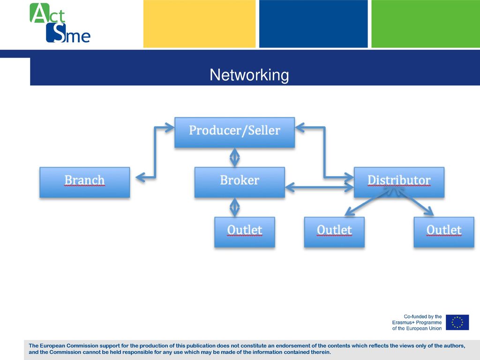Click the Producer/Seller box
click(234, 132)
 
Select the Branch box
click(85, 182)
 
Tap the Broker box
click(240, 182)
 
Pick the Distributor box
click(399, 182)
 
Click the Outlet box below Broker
click(245, 232)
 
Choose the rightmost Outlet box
click(444, 232)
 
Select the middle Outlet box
click(334, 232)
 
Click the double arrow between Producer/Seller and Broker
click(234, 157)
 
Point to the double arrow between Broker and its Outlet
click(234, 207)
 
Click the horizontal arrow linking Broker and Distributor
click(319, 187)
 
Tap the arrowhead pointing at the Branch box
click(140, 177)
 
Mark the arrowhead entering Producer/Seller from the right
click(300, 127)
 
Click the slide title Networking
click(249, 75)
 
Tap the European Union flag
click(457, 322)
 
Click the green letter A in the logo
click(39, 13)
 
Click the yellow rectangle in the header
click(199, 23)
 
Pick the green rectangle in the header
click(426, 23)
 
